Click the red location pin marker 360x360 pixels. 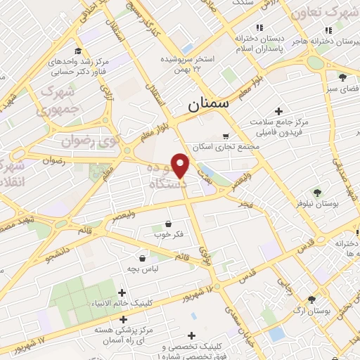(x=181, y=165)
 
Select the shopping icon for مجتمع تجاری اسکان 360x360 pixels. (x=225, y=136)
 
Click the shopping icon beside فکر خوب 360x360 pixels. (x=167, y=224)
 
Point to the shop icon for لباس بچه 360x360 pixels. (x=143, y=257)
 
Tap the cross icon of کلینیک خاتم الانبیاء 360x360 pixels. (x=122, y=292)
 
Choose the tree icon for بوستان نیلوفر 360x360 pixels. (x=318, y=191)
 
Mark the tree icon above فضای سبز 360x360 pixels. (x=342, y=77)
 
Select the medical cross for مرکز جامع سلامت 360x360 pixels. (x=279, y=111)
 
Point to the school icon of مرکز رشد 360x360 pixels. (x=77, y=52)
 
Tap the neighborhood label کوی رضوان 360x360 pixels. (x=92, y=131)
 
